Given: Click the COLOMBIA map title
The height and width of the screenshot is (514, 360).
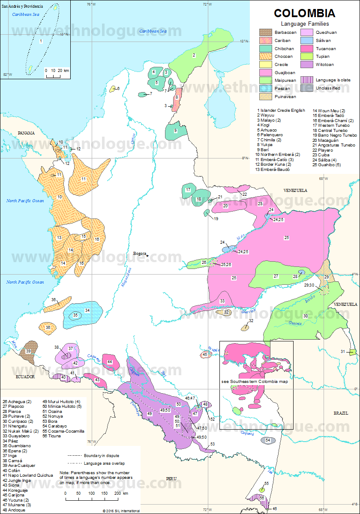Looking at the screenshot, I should pyautogui.click(x=304, y=13).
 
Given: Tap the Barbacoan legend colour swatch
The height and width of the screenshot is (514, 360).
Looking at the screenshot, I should pyautogui.click(x=265, y=33).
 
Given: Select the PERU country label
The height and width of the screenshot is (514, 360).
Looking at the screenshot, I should pyautogui.click(x=172, y=478).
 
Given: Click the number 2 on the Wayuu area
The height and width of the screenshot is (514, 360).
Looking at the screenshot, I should pyautogui.click(x=194, y=55).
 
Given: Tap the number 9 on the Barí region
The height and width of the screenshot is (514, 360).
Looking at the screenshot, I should pyautogui.click(x=175, y=130).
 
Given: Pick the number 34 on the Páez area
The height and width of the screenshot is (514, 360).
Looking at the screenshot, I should pyautogui.click(x=87, y=310).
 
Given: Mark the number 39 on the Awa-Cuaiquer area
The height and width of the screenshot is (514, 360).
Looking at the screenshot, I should pyautogui.click(x=28, y=351).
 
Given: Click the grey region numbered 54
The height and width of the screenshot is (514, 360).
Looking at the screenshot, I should pyautogui.click(x=268, y=440).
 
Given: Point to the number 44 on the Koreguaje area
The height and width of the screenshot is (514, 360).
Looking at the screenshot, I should pyautogui.click(x=110, y=362).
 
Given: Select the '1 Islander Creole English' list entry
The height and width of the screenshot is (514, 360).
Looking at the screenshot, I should pyautogui.click(x=281, y=111).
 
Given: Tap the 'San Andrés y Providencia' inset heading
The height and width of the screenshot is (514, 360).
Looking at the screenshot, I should pyautogui.click(x=22, y=7).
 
